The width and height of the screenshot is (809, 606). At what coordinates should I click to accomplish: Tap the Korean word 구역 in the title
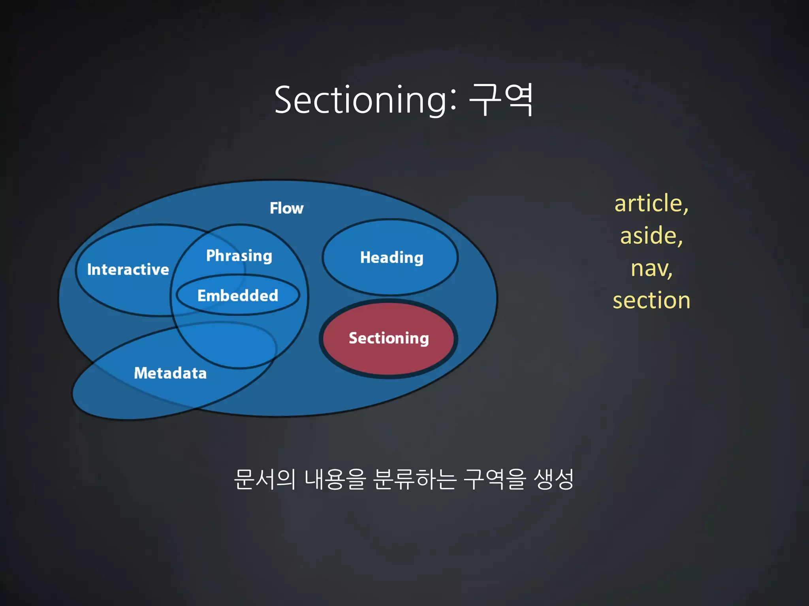[501, 100]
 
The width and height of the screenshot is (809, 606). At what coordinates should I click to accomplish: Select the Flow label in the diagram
[286, 208]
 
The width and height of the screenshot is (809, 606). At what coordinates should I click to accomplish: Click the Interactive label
[128, 270]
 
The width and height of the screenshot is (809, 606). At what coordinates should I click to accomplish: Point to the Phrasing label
[239, 256]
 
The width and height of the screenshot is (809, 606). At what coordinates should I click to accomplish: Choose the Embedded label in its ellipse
[238, 296]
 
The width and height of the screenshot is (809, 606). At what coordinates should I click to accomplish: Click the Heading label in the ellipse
[391, 258]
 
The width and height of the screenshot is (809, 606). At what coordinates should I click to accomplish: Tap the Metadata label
[170, 373]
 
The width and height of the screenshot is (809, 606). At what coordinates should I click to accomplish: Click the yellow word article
[647, 204]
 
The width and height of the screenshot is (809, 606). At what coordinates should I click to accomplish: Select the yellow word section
[651, 301]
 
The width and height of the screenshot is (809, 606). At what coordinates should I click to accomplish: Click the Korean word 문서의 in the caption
[264, 480]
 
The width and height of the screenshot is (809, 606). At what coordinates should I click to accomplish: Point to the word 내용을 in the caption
[335, 480]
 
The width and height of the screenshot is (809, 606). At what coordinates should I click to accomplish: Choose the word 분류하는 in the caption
[415, 480]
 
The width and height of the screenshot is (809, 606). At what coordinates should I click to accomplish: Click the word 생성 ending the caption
[553, 480]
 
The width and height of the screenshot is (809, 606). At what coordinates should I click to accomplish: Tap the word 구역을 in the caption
[495, 480]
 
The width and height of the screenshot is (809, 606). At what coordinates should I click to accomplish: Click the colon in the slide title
[453, 101]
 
